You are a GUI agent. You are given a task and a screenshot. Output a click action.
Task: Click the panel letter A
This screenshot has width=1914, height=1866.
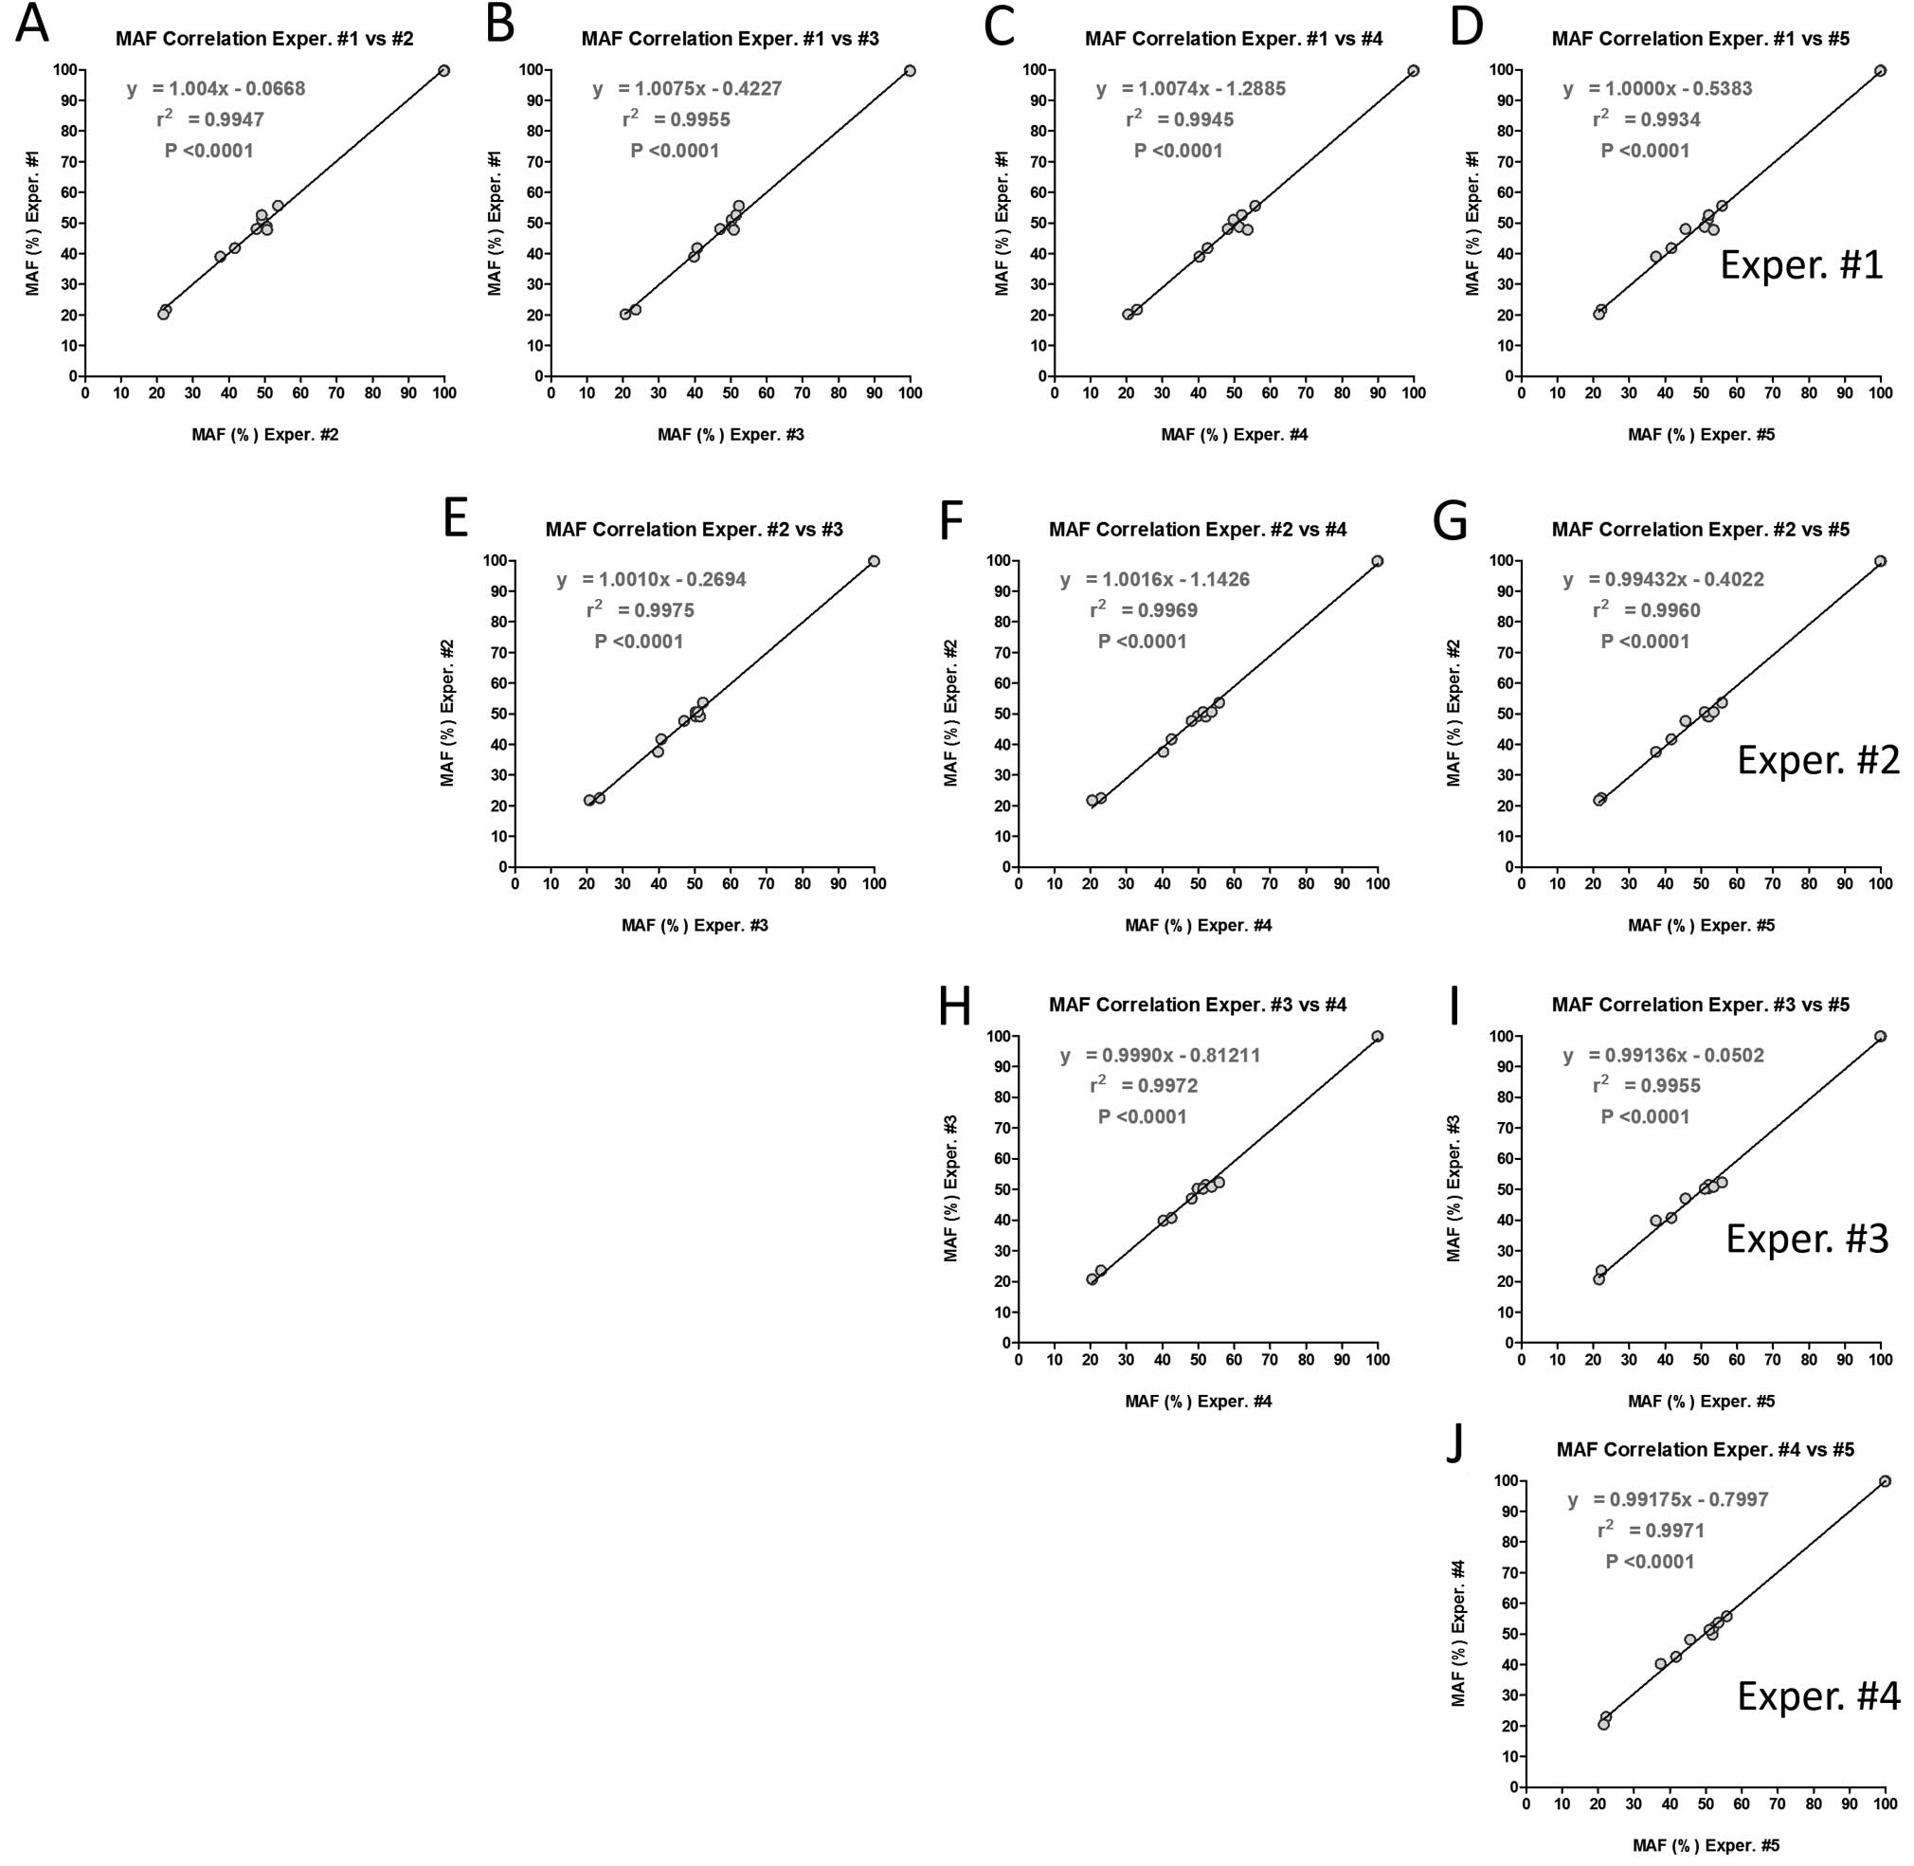31,25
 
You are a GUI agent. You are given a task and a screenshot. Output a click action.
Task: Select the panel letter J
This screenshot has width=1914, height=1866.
1456,1443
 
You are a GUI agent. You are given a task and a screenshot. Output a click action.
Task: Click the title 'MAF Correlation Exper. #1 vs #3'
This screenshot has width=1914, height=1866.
730,39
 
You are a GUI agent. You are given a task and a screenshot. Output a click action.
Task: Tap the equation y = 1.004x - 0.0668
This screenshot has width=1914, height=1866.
216,89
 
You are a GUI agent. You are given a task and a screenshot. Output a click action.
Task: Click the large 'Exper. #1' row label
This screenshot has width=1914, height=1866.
1801,265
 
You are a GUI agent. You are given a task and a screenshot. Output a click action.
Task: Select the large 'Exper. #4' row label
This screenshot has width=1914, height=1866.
1818,1696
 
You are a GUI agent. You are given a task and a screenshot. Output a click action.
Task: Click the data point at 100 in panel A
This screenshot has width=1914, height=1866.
444,70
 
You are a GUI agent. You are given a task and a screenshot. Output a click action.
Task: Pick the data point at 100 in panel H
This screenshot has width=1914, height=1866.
1377,1037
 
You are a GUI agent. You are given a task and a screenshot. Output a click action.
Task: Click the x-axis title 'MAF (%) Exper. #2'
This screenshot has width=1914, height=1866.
264,434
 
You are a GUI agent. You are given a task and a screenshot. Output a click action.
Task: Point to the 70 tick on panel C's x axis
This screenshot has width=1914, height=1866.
1306,394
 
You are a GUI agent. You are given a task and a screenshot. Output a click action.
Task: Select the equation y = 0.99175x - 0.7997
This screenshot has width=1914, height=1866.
1667,1499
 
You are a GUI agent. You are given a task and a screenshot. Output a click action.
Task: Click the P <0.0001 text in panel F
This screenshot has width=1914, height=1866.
1142,642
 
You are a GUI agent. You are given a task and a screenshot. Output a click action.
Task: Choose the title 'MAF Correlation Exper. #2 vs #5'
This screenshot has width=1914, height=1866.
1701,530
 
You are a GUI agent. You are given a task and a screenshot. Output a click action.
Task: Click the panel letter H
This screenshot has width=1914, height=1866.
954,1005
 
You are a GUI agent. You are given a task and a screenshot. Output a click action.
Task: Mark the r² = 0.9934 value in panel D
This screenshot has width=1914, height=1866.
1646,119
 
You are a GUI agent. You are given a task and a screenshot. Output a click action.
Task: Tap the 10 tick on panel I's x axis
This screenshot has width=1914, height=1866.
1556,1360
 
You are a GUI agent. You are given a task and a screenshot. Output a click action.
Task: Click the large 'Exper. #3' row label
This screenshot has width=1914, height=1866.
1806,1239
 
